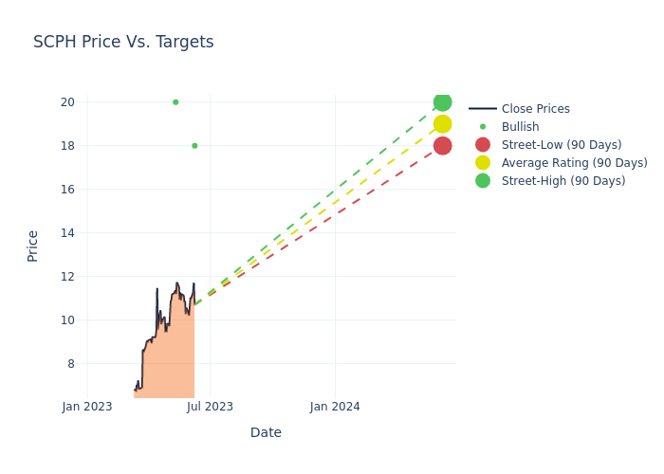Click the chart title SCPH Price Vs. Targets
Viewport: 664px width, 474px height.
coord(123,43)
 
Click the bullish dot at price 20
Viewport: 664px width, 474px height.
coord(175,102)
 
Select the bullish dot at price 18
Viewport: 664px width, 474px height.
coord(194,146)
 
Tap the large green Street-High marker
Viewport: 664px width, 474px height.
coord(442,102)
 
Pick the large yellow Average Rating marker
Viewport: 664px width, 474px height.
coord(442,124)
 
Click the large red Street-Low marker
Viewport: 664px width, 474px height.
coord(442,146)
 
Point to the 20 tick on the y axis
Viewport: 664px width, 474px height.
coord(68,102)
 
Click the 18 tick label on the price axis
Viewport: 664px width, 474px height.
coord(68,146)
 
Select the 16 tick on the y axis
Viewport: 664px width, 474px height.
coord(68,190)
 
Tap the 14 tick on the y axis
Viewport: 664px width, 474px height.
coord(68,233)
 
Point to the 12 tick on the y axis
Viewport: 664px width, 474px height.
coord(68,277)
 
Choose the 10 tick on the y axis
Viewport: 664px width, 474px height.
coord(68,320)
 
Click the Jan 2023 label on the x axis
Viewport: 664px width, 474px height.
coord(87,407)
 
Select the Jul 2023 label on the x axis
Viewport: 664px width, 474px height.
coord(211,407)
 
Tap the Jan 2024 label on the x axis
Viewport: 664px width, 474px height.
coord(335,407)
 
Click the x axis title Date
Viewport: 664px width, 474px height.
coord(266,433)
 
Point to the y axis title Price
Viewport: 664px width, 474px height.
coord(33,246)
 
